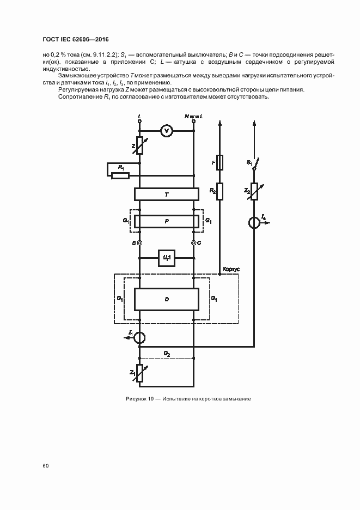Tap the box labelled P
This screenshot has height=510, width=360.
point(167,221)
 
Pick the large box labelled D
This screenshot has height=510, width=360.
point(167,299)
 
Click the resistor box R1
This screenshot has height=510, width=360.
point(120,175)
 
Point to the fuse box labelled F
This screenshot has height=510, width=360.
point(220,162)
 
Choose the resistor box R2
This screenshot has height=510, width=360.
point(220,191)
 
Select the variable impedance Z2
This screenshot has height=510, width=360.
point(254,191)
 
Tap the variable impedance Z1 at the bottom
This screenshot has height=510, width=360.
point(140,374)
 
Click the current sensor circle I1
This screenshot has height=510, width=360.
point(140,337)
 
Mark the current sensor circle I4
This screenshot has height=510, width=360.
point(254,223)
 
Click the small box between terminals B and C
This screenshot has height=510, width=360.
point(167,258)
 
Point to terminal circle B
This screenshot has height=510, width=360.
point(140,242)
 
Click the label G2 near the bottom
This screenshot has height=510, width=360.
point(167,354)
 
